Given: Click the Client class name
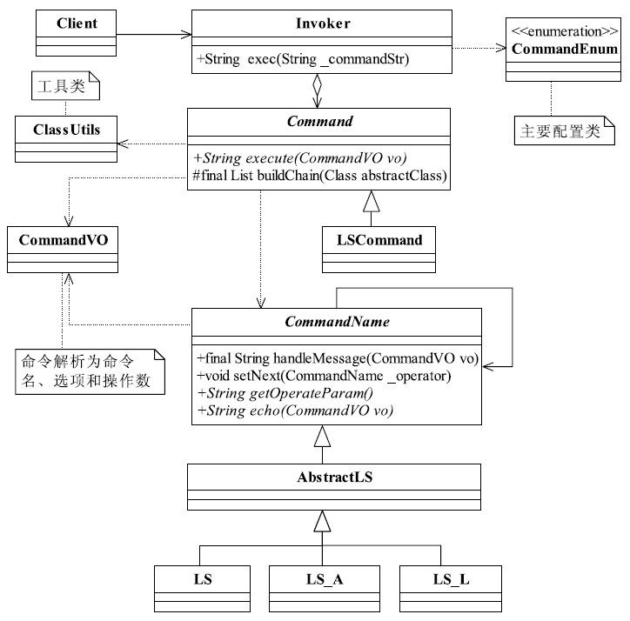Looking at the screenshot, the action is click(x=77, y=23).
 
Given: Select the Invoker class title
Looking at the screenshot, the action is click(x=323, y=23).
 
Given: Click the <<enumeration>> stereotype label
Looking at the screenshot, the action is click(x=565, y=31).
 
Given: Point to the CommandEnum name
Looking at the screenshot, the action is click(x=565, y=49).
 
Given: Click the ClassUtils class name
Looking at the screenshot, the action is click(x=67, y=130).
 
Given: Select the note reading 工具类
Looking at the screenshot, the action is click(x=65, y=85).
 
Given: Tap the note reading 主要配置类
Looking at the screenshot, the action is click(x=565, y=130).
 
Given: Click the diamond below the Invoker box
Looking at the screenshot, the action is click(x=318, y=84).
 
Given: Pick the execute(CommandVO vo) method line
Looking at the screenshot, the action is click(x=299, y=158).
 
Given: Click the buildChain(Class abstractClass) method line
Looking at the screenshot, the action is click(x=320, y=176).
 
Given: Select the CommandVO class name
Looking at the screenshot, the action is click(x=63, y=240).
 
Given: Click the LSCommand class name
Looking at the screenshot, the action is click(x=379, y=240).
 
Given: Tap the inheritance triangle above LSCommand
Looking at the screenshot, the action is click(x=372, y=201).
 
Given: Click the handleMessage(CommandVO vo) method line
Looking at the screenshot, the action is click(x=338, y=357).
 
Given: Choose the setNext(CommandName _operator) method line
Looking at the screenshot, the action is click(x=324, y=376).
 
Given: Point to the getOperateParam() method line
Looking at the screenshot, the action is click(x=285, y=393).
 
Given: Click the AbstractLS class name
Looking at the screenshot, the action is click(x=335, y=477).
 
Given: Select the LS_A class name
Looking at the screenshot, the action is click(x=325, y=579).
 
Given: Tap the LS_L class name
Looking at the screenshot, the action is click(x=451, y=579).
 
